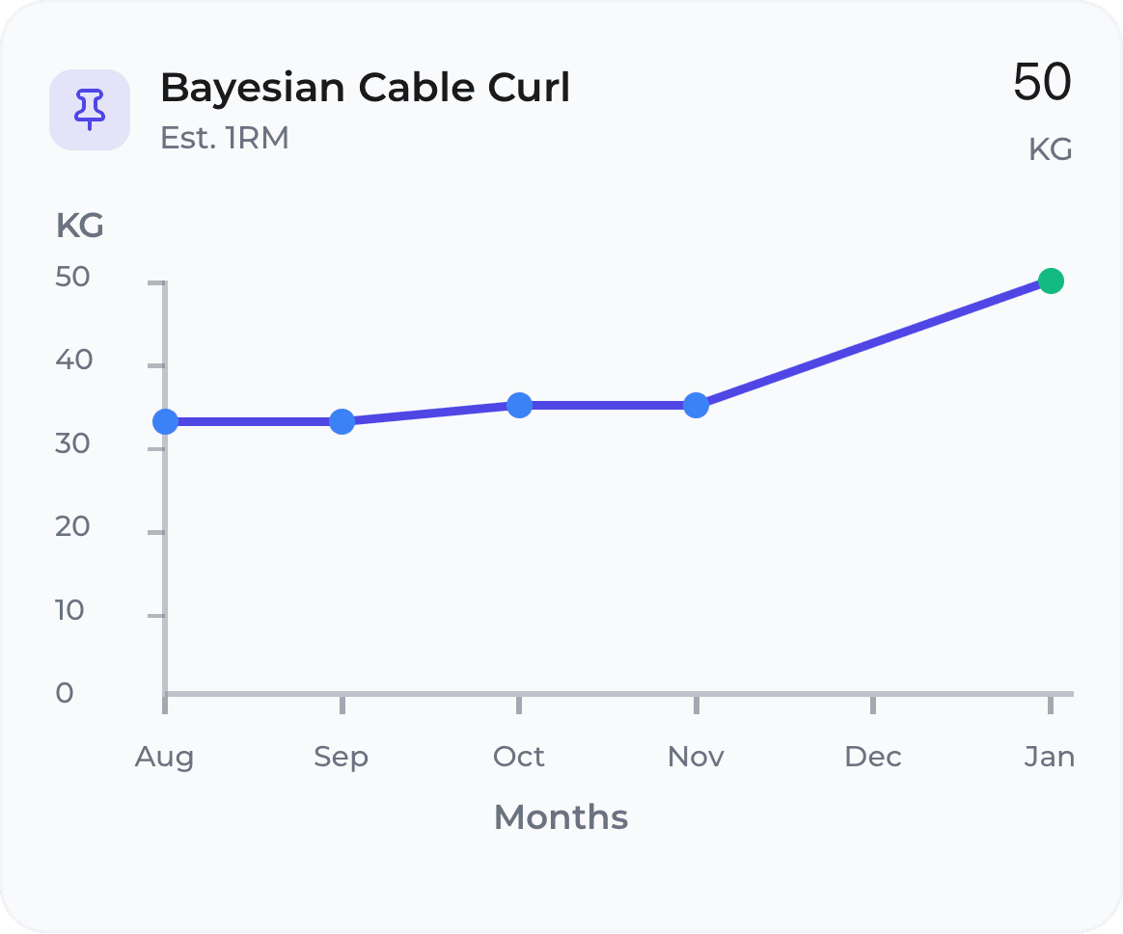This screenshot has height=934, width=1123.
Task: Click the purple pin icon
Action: pyautogui.click(x=90, y=109)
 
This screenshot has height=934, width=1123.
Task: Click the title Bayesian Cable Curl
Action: pyautogui.click(x=365, y=88)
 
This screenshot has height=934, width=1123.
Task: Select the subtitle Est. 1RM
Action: pyautogui.click(x=224, y=138)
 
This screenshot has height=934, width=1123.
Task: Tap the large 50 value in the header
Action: pyautogui.click(x=1042, y=82)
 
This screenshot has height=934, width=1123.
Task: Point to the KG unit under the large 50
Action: pyautogui.click(x=1050, y=150)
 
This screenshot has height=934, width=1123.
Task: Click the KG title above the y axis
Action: pyautogui.click(x=79, y=227)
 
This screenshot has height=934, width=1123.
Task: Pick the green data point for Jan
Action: pyautogui.click(x=1051, y=281)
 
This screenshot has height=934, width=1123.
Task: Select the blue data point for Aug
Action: pyautogui.click(x=165, y=421)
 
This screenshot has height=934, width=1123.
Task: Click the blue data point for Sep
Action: pyautogui.click(x=342, y=421)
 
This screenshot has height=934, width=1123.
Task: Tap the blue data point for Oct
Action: pyautogui.click(x=519, y=405)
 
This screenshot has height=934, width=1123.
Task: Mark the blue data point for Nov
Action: pyautogui.click(x=696, y=405)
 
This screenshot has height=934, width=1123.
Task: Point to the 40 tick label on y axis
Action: pyautogui.click(x=73, y=360)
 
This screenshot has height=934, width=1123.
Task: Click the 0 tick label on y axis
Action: pyautogui.click(x=65, y=693)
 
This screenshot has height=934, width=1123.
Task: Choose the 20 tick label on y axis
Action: pyautogui.click(x=73, y=526)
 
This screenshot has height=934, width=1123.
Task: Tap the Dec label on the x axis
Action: pyautogui.click(x=872, y=757)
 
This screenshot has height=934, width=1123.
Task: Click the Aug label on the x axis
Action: pyautogui.click(x=164, y=757)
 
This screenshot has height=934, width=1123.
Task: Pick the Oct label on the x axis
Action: pyautogui.click(x=518, y=757)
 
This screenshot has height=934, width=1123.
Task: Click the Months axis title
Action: pyautogui.click(x=561, y=817)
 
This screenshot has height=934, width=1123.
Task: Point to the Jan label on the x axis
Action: pyautogui.click(x=1049, y=757)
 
